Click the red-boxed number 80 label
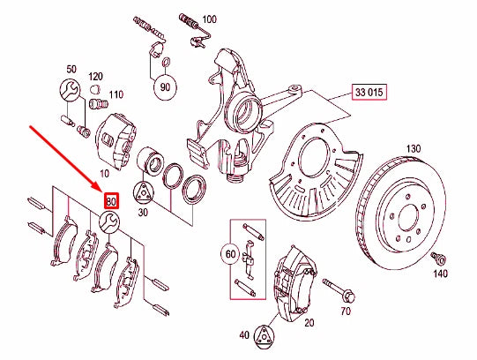pos(111,200)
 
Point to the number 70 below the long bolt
pos(345,311)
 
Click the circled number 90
pos(164,87)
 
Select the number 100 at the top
pos(209,19)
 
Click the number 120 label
pos(95,78)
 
